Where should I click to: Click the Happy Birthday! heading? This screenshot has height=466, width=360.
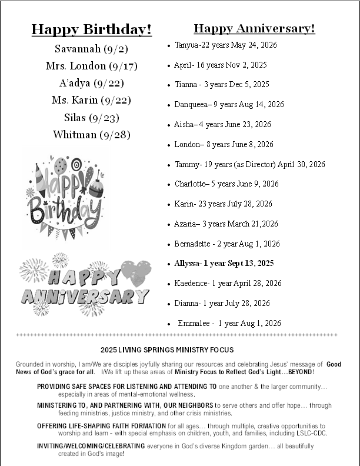coord(91,29)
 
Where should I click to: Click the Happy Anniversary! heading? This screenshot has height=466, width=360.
coord(254,28)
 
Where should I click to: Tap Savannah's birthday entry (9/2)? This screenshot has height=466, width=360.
coord(91,49)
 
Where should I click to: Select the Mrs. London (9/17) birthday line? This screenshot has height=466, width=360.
coord(91,66)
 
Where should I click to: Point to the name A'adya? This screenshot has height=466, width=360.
coord(75,83)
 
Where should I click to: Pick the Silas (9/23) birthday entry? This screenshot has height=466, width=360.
coord(91,118)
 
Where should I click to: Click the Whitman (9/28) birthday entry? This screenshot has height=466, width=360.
coord(91,135)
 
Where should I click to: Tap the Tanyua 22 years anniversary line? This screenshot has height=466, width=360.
coord(217,45)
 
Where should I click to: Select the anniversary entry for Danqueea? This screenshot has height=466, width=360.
coord(229,105)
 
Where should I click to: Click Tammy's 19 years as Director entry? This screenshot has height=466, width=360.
coord(249,165)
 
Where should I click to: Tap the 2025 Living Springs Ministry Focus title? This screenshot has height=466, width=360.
coord(167,349)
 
